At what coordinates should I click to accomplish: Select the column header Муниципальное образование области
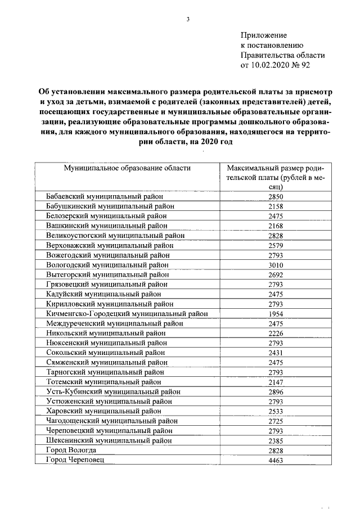pyautogui.click(x=127, y=168)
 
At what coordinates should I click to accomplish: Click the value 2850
pyautogui.click(x=276, y=196)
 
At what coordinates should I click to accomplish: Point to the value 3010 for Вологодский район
pyautogui.click(x=276, y=264)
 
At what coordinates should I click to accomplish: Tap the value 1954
pyautogui.click(x=276, y=313)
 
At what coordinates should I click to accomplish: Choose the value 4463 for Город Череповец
pyautogui.click(x=276, y=460)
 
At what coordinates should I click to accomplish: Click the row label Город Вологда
pyautogui.click(x=71, y=451)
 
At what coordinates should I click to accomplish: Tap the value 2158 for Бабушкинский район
pyautogui.click(x=276, y=206)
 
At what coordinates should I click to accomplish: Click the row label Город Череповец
pyautogui.click(x=75, y=460)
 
